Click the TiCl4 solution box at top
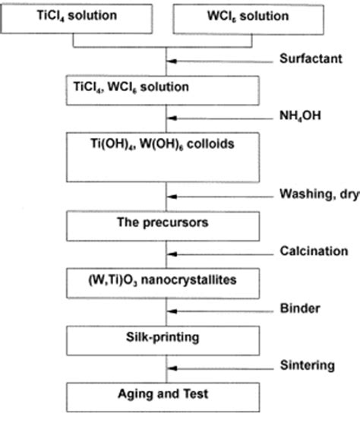[79, 17]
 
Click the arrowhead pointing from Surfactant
[174, 61]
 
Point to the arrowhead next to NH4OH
[174, 118]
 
